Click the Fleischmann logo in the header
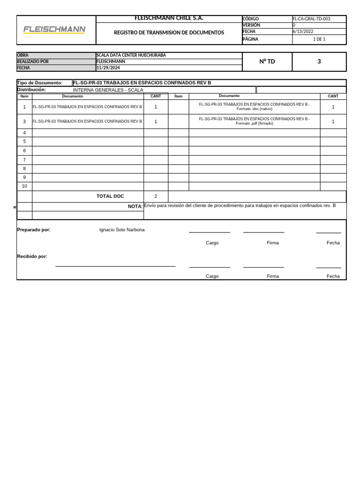(x=54, y=30)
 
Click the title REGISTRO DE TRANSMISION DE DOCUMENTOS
(x=169, y=33)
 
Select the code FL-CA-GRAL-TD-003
(x=311, y=19)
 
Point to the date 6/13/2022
(x=303, y=31)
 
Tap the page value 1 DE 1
(x=319, y=39)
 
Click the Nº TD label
(x=267, y=61)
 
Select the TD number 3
(x=319, y=61)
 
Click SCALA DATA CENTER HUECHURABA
(x=131, y=55)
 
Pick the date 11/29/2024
(x=108, y=67)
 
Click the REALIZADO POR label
(x=33, y=61)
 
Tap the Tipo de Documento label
(x=39, y=83)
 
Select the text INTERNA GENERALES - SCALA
(x=108, y=90)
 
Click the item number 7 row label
(x=24, y=159)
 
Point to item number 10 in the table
(x=24, y=186)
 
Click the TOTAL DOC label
(x=110, y=196)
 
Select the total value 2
(x=156, y=196)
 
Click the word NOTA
(x=135, y=206)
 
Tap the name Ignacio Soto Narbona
(x=122, y=230)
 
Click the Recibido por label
(x=32, y=256)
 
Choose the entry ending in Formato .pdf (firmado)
(x=254, y=121)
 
